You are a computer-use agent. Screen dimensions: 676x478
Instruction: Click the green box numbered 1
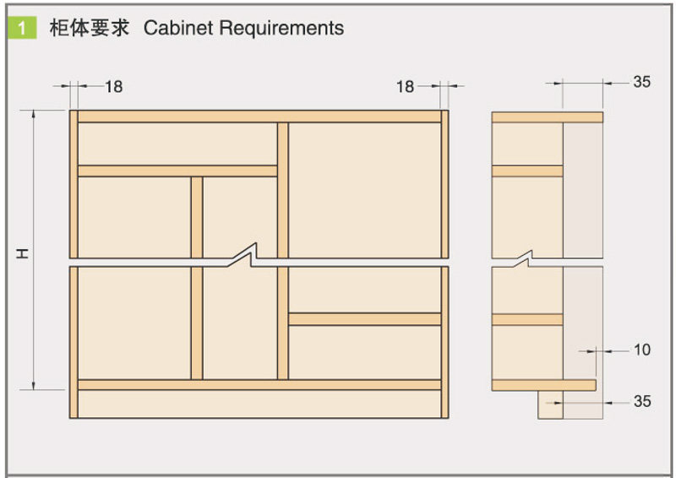(22, 28)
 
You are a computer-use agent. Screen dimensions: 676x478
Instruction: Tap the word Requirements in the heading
(281, 28)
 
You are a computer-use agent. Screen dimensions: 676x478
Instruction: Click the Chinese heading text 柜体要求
(88, 28)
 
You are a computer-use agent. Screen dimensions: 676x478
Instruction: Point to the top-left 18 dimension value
(113, 86)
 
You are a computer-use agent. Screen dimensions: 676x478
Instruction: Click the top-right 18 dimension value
(405, 86)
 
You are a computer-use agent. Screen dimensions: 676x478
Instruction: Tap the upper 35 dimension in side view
(641, 82)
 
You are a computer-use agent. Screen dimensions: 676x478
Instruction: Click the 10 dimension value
(641, 349)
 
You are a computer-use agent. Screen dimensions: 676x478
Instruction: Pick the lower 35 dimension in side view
(641, 401)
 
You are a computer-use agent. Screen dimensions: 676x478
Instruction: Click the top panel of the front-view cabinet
(259, 117)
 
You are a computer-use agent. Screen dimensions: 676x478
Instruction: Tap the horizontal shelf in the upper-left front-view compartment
(177, 171)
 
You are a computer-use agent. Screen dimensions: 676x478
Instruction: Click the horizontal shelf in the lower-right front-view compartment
(365, 319)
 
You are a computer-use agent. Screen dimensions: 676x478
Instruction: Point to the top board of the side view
(547, 117)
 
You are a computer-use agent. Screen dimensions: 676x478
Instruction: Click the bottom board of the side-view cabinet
(543, 385)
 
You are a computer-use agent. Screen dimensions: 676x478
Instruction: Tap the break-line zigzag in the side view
(526, 256)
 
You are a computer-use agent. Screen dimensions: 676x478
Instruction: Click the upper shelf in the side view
(527, 171)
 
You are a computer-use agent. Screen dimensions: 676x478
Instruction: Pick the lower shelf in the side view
(527, 319)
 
